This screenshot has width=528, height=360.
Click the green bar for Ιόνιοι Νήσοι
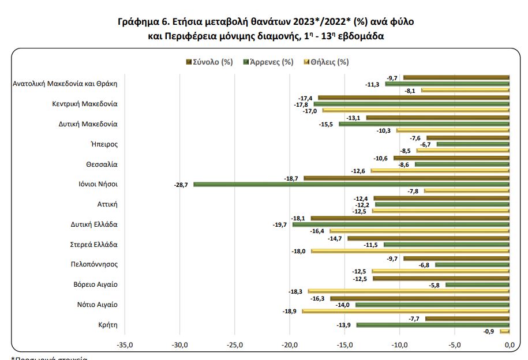click(351, 185)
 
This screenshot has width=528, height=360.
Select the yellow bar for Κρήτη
click(505, 331)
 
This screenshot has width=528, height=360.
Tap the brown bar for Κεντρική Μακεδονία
click(413, 97)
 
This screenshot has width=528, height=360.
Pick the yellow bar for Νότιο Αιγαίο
click(405, 311)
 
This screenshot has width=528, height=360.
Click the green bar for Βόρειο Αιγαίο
click(477, 285)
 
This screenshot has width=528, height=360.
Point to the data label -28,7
click(182, 185)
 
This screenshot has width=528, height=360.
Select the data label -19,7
click(280, 224)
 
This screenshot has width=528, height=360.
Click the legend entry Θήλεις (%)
click(329, 62)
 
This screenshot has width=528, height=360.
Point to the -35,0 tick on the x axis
click(125, 345)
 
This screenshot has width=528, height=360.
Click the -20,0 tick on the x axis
click(290, 345)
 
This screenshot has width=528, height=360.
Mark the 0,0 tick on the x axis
click(509, 345)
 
